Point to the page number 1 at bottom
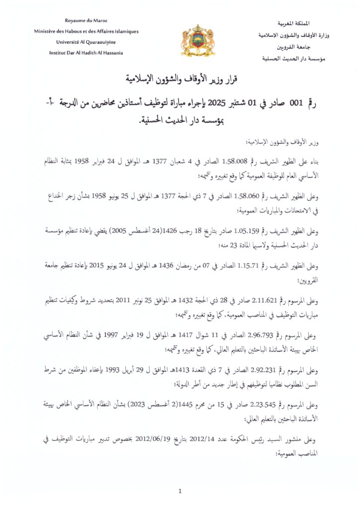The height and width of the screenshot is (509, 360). tap(180, 492)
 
